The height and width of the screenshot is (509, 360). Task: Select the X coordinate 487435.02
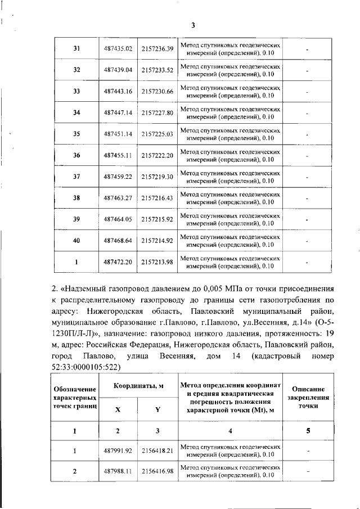pyautogui.click(x=118, y=49)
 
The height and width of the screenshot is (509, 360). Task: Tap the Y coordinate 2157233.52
pyautogui.click(x=157, y=70)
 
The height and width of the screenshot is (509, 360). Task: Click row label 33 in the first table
pyautogui.click(x=76, y=91)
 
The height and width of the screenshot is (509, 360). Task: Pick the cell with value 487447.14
pyautogui.click(x=118, y=112)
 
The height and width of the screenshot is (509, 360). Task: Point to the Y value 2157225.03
pyautogui.click(x=157, y=134)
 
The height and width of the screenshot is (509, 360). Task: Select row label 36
pyautogui.click(x=76, y=155)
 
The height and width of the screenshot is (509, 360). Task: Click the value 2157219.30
pyautogui.click(x=157, y=177)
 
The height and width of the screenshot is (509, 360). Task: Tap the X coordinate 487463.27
pyautogui.click(x=118, y=198)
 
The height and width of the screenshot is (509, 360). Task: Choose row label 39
pyautogui.click(x=76, y=219)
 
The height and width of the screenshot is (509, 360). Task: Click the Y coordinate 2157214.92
pyautogui.click(x=157, y=241)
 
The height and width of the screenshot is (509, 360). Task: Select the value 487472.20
pyautogui.click(x=118, y=262)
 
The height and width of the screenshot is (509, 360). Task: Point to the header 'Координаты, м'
pyautogui.click(x=138, y=386)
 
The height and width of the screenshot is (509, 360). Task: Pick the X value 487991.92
pyautogui.click(x=118, y=451)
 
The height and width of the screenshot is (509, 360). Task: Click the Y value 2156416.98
pyautogui.click(x=157, y=471)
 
